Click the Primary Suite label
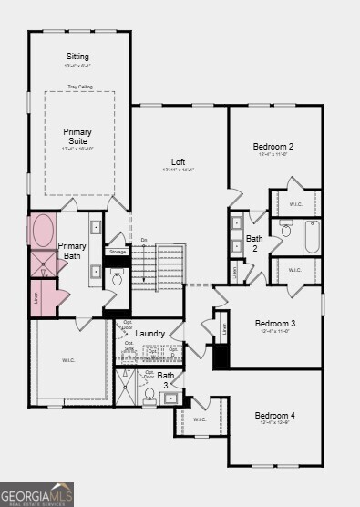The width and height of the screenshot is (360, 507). point(77,137)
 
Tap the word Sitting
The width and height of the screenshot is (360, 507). point(77,57)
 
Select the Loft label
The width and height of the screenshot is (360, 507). point(178,162)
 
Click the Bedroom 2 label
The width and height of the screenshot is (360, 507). point(273,147)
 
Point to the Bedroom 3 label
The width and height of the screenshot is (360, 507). point(274,324)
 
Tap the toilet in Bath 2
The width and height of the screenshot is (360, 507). point(285,233)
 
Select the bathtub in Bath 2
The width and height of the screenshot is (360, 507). point(311,236)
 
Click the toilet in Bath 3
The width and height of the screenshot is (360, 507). point(149,395)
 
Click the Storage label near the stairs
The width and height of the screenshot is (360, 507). point(117,252)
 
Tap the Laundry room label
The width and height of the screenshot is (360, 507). point(149,334)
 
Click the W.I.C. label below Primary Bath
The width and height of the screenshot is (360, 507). point(69,360)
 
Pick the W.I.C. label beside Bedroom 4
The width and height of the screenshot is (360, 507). point(201,419)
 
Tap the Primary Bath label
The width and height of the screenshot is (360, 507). point(72,252)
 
